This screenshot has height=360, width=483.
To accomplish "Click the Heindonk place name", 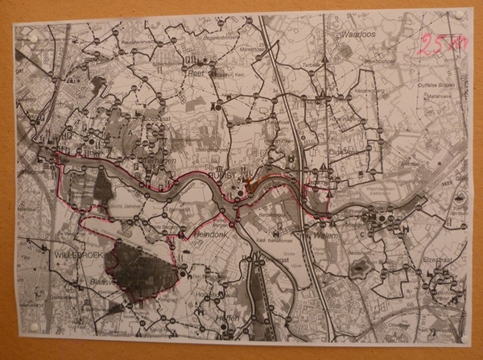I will coord(213,233).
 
